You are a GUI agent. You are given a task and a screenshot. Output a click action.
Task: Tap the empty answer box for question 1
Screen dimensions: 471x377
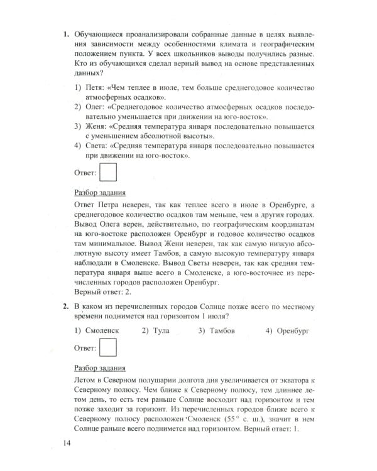(109, 171)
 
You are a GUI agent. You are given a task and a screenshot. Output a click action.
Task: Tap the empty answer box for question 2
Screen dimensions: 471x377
(109, 347)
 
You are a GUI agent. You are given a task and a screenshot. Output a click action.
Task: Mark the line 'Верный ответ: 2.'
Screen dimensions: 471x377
(106, 293)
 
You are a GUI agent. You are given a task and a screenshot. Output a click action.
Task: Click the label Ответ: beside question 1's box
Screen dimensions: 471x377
(85, 171)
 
